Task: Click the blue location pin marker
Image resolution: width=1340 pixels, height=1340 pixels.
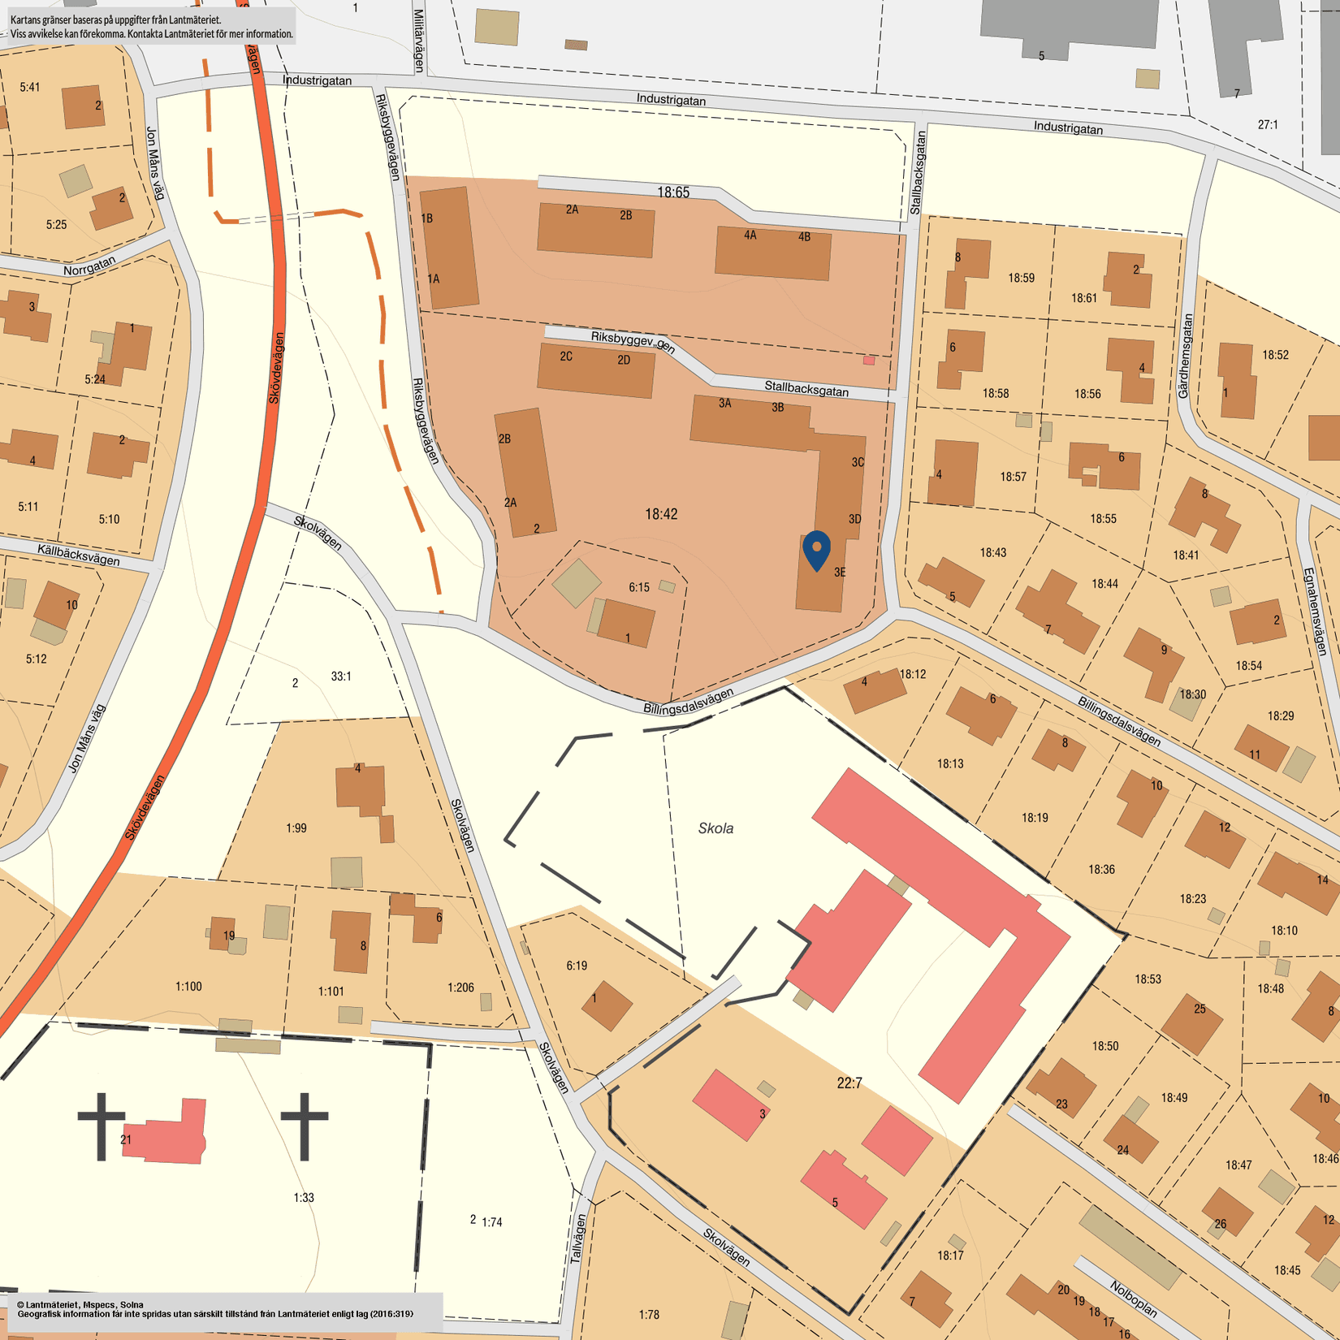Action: (816, 549)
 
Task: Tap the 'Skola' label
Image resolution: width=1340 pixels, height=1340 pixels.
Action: (715, 828)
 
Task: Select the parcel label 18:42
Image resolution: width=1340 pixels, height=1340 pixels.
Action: (661, 514)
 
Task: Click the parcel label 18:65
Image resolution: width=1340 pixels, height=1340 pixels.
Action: (673, 192)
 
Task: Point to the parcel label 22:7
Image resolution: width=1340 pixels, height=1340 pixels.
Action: (849, 1083)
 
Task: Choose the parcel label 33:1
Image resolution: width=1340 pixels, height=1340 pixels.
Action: (341, 676)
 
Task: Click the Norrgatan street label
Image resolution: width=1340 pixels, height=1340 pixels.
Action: (89, 266)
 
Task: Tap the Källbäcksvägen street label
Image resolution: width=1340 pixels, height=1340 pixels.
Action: (78, 555)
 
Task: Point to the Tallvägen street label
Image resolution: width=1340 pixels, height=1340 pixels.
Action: (577, 1238)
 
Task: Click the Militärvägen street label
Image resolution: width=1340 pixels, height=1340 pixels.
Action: (419, 41)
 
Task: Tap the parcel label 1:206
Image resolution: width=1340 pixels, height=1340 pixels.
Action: (460, 988)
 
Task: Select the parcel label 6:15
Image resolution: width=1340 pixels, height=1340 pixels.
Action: (639, 587)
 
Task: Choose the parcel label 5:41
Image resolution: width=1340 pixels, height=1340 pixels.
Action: (30, 87)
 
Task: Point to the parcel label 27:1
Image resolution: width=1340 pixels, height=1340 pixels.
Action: (1268, 124)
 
